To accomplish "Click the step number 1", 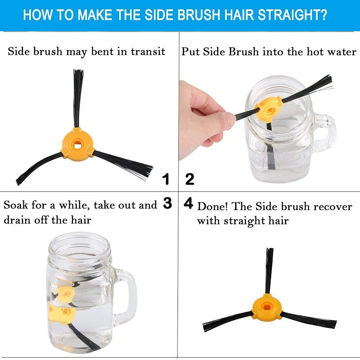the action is click(x=166, y=179).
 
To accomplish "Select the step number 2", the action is click(x=189, y=179).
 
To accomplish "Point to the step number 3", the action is click(x=167, y=203).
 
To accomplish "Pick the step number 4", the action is click(x=189, y=203).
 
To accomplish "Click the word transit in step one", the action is click(x=148, y=51).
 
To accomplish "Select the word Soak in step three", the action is click(x=16, y=205).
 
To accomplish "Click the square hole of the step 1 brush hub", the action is click(x=77, y=144).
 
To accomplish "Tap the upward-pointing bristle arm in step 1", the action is click(x=78, y=98).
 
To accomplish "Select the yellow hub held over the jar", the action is click(x=269, y=108).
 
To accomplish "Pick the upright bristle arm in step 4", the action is click(x=269, y=271).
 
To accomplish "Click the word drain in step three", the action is click(x=17, y=220).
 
